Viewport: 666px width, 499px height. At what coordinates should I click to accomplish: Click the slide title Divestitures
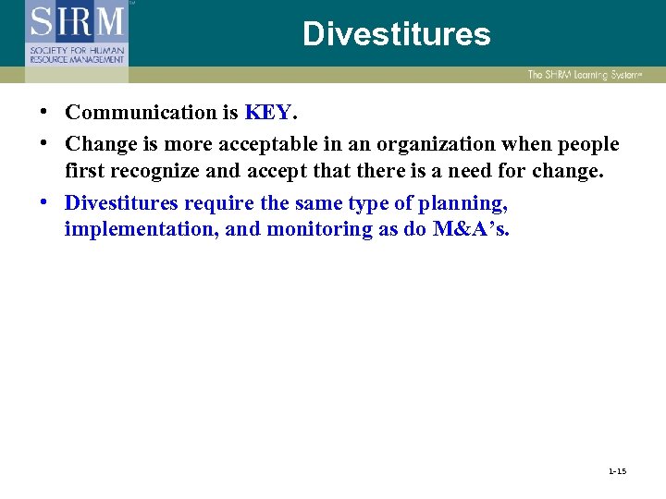pos(396,34)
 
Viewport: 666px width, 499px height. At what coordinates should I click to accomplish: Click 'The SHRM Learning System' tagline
pos(584,75)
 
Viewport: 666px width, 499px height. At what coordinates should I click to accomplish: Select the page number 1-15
pos(617,471)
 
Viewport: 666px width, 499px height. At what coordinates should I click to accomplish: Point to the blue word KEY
pos(267,113)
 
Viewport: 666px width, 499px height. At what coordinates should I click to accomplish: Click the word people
pos(588,144)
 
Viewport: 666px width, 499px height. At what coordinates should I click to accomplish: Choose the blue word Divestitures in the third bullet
pos(122,202)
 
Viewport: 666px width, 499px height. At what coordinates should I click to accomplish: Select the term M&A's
pos(472,228)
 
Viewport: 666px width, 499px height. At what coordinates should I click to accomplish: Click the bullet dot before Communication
pos(45,113)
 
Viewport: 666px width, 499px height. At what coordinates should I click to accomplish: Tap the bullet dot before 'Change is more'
pos(45,144)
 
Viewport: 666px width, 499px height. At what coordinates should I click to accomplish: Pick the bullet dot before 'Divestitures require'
pos(45,202)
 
